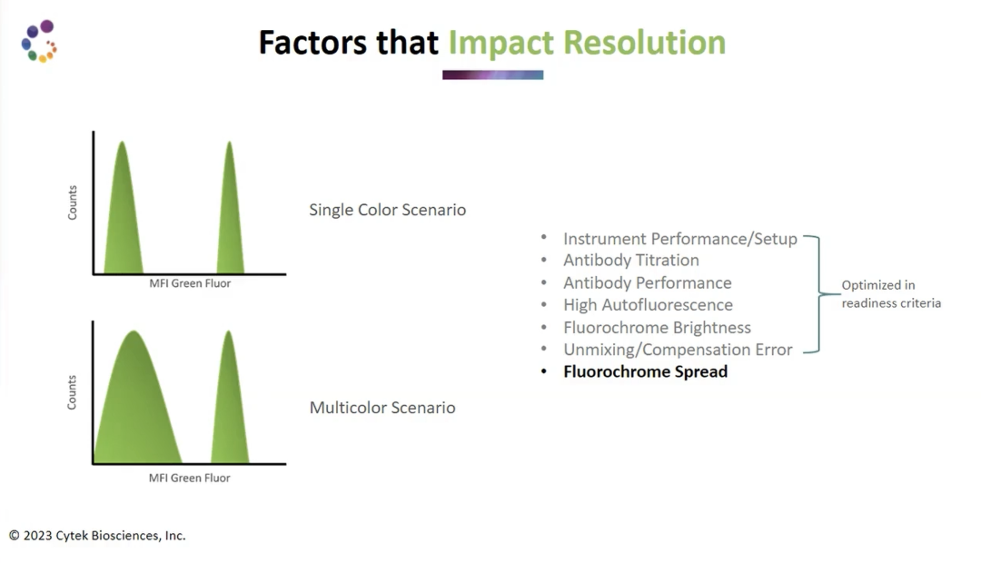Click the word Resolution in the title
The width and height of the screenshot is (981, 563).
pyautogui.click(x=644, y=43)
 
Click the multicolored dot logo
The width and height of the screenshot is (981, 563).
pyautogui.click(x=39, y=41)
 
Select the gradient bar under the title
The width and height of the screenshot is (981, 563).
pyautogui.click(x=493, y=75)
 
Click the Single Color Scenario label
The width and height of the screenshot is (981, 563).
pyautogui.click(x=387, y=210)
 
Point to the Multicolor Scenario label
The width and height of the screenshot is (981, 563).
pyautogui.click(x=382, y=408)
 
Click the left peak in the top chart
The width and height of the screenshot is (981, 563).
pyautogui.click(x=123, y=208)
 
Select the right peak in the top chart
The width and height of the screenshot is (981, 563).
pyautogui.click(x=230, y=208)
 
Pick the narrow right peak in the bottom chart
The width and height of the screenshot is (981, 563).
pyautogui.click(x=230, y=397)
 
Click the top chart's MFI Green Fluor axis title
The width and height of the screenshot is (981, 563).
pyautogui.click(x=190, y=283)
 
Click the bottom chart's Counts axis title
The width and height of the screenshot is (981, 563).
pyautogui.click(x=72, y=392)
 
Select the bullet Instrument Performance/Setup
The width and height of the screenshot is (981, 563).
pyautogui.click(x=680, y=239)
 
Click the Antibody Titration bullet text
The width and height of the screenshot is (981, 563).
pyautogui.click(x=631, y=261)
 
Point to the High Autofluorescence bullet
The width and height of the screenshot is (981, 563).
pyautogui.click(x=649, y=304)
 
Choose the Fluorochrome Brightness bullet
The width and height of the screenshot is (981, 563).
pyautogui.click(x=657, y=327)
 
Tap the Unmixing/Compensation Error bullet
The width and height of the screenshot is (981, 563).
pyautogui.click(x=678, y=350)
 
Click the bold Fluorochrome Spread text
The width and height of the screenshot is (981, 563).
pyautogui.click(x=646, y=371)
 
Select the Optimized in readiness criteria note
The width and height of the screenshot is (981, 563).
pyautogui.click(x=891, y=294)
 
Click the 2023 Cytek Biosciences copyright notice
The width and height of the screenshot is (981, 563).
pyautogui.click(x=97, y=536)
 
